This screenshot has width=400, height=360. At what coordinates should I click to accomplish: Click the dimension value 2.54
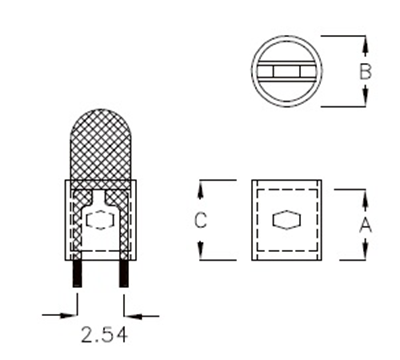[100, 332]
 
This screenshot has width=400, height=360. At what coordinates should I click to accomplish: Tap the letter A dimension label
[365, 222]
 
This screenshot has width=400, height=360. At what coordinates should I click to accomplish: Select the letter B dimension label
[366, 71]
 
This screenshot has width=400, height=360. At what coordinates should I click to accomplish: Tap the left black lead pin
[76, 274]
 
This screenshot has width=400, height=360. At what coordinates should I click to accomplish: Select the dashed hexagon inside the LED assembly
[100, 218]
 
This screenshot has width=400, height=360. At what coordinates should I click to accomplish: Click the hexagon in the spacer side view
[285, 219]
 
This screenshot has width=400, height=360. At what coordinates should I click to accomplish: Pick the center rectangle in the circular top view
[285, 72]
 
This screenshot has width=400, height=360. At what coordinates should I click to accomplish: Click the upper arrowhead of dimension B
[366, 43]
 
